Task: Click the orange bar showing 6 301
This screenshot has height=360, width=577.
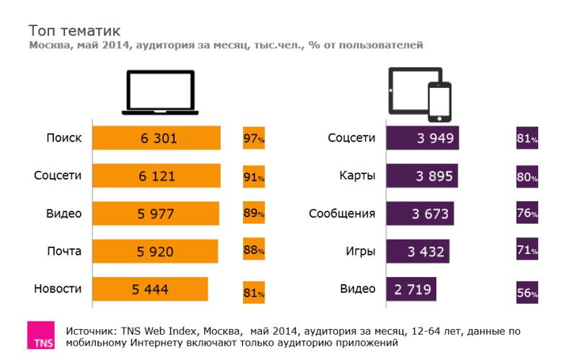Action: pos(157,138)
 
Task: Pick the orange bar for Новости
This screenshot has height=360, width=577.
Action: pos(150,289)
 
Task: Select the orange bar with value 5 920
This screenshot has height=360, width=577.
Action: pos(155,251)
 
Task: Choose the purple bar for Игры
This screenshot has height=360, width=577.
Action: pos(418,251)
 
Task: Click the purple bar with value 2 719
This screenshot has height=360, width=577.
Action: pos(411,289)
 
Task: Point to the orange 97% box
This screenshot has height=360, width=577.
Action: pos(254,138)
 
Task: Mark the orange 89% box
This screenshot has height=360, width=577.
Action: pos(254,214)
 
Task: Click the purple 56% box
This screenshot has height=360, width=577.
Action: pos(527,293)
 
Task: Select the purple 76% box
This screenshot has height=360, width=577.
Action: pos(527,214)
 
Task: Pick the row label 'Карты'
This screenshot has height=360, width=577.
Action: pos(357,175)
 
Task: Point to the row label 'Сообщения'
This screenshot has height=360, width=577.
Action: pos(342,214)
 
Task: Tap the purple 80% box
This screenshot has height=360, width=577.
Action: pos(527,176)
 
